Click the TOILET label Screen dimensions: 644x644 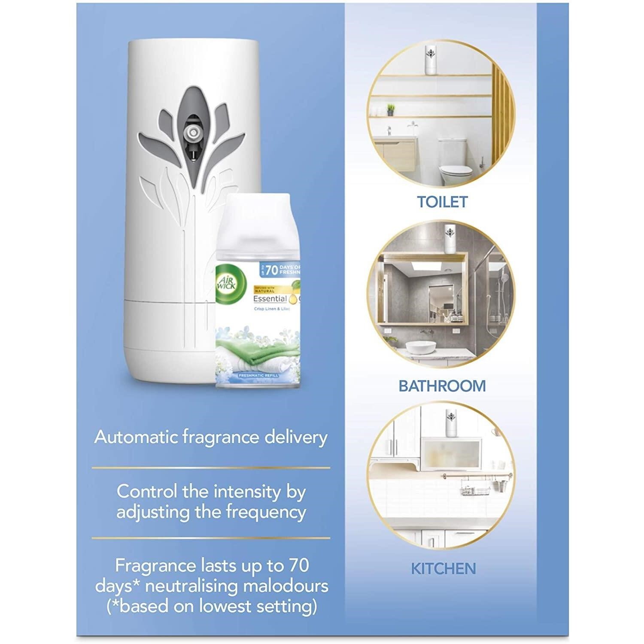tap(442, 202)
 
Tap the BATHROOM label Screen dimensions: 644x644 tap(442, 386)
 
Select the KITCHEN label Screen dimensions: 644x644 tap(444, 569)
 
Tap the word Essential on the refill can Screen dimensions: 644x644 tap(270, 299)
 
